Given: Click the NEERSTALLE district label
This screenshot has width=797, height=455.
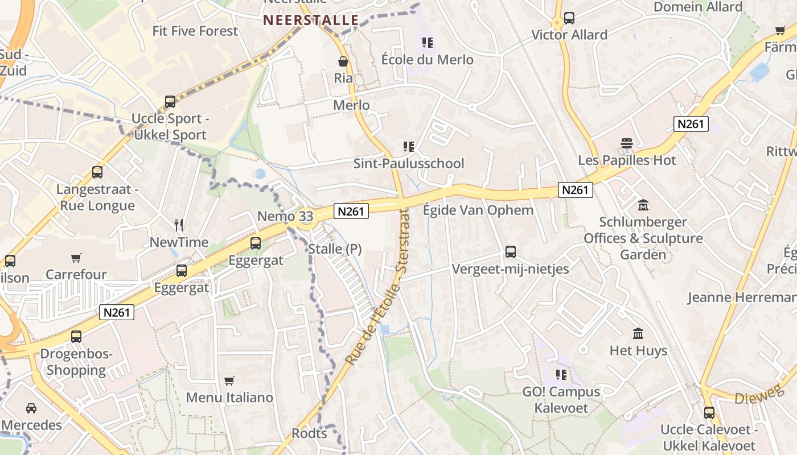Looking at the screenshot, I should [x=311, y=20].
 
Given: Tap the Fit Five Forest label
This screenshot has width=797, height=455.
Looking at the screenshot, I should [x=195, y=31].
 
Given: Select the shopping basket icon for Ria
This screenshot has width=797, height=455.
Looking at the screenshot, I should [x=343, y=61].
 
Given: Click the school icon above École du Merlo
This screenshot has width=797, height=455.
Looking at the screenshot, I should [x=428, y=43].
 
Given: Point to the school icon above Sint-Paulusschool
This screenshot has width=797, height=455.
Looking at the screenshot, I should [x=408, y=147].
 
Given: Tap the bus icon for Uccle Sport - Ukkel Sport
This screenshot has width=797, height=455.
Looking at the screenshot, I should [x=170, y=102].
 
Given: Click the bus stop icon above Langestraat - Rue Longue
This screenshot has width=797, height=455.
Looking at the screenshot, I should [x=97, y=172].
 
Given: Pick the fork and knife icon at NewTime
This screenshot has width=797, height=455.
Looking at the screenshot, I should [x=179, y=225].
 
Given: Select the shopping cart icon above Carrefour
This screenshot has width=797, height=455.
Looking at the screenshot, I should [x=76, y=258].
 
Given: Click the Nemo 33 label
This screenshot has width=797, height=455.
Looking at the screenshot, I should [x=285, y=216].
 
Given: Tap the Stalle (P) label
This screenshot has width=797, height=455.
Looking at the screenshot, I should [x=335, y=249].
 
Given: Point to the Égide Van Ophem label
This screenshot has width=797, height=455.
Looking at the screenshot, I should [x=478, y=210].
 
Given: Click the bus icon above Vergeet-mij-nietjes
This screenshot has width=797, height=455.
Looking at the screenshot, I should [x=511, y=252].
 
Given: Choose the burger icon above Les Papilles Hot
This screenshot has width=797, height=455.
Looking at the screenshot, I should [x=627, y=143].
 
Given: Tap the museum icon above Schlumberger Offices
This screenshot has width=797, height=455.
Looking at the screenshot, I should [x=643, y=205].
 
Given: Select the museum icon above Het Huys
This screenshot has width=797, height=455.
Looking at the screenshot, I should [x=638, y=333].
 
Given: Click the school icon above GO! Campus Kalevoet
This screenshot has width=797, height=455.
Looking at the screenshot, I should [x=561, y=375].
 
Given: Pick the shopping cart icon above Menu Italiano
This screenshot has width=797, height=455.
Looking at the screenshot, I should [x=229, y=380].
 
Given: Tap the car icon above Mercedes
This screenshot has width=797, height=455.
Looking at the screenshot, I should [x=31, y=408].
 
